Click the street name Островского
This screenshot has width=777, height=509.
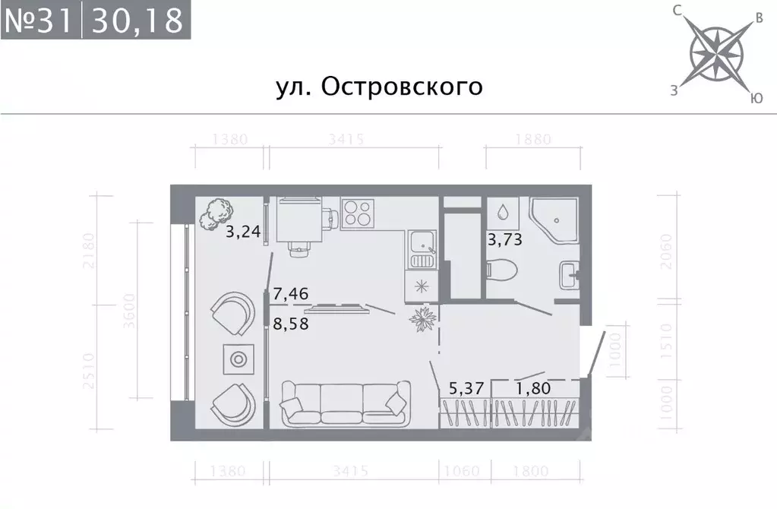(x=378, y=87)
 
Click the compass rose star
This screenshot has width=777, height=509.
(x=716, y=52)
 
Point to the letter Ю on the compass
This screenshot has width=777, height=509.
(x=756, y=98)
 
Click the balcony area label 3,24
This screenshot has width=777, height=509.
(x=243, y=232)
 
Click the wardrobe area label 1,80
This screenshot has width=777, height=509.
(x=532, y=388)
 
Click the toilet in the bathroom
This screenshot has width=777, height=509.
(x=501, y=268)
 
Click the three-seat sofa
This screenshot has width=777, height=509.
(x=346, y=402)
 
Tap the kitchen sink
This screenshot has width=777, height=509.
(x=422, y=243)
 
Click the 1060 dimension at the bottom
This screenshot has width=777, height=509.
(x=463, y=471)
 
